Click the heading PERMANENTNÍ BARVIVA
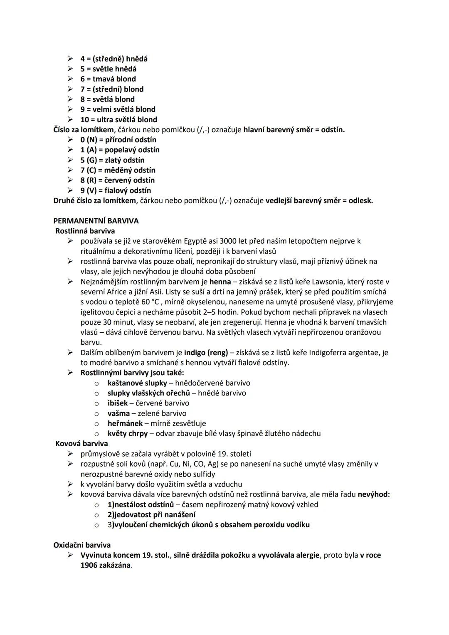[96, 221]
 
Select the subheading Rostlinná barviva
[85, 231]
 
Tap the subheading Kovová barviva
[81, 444]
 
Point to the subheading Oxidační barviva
[82, 545]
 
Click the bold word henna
[220, 282]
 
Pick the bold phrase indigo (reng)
[206, 353]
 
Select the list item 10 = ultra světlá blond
[118, 119]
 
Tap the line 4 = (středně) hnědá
[114, 59]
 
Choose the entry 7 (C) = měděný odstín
[118, 170]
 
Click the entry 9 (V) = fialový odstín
[116, 190]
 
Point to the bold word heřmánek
[125, 423]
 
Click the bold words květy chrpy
[127, 433]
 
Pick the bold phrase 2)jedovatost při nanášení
[151, 514]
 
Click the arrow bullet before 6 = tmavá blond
[70, 79]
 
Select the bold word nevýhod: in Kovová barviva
[373, 494]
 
